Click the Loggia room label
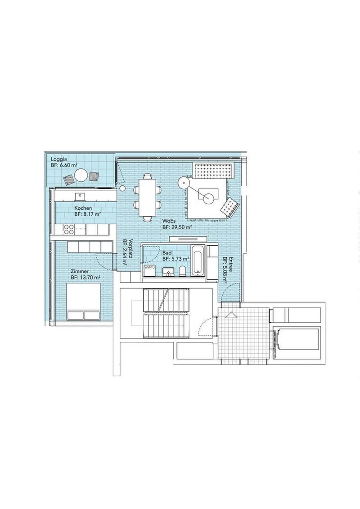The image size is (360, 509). [59, 159]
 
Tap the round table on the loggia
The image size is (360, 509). [81, 176]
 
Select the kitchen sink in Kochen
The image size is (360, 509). [80, 196]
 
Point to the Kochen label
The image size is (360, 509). [83, 208]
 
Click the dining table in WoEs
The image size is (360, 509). [148, 198]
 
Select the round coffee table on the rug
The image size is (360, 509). [208, 198]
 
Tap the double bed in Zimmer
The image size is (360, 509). [83, 301]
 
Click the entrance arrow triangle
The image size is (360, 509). [231, 315]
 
